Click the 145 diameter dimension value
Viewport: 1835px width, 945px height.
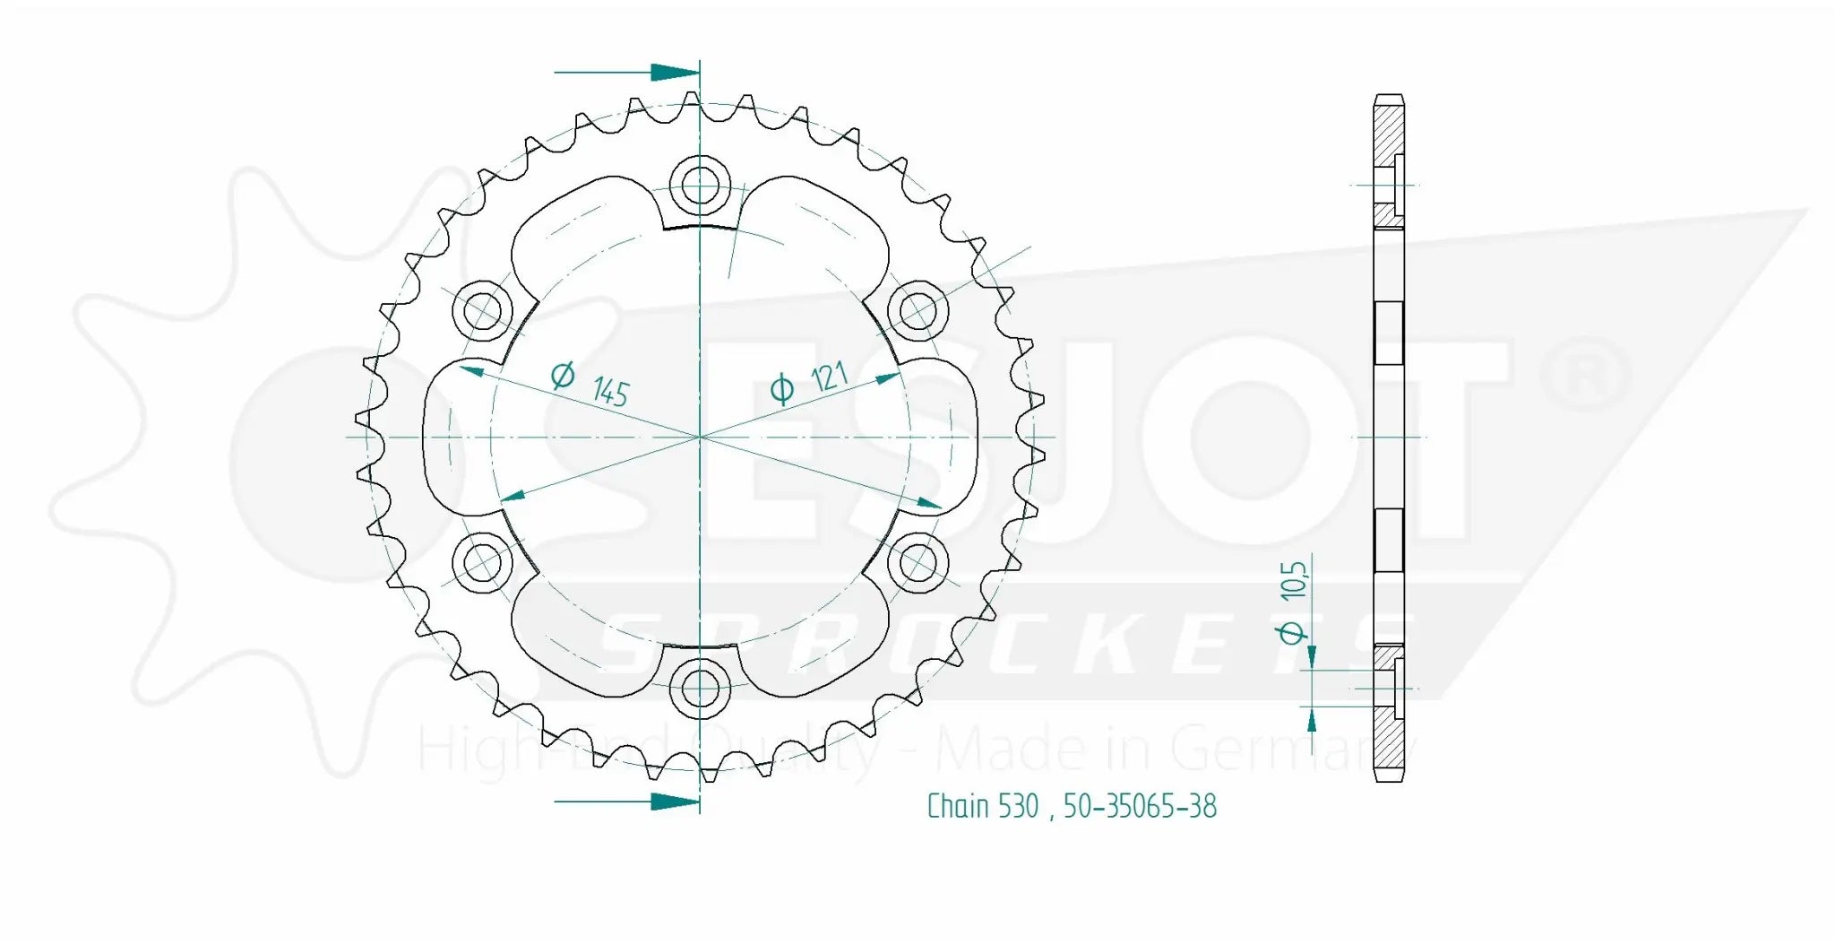click(x=610, y=392)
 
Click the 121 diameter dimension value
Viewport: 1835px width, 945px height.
click(x=829, y=377)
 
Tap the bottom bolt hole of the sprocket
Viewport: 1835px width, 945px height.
click(x=699, y=689)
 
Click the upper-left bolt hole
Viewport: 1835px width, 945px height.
click(x=484, y=311)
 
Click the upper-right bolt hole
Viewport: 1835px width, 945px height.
click(x=917, y=311)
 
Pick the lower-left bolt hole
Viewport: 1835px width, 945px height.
click(x=483, y=563)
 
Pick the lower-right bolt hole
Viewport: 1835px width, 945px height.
click(x=917, y=563)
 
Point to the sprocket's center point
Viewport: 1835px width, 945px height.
click(x=699, y=437)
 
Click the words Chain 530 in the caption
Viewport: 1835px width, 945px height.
click(x=982, y=806)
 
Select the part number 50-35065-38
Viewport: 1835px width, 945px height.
click(x=1140, y=806)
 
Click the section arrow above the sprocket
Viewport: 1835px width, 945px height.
click(x=674, y=72)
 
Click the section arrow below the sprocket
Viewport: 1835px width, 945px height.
click(x=674, y=801)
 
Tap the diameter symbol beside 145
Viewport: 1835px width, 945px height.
click(x=563, y=375)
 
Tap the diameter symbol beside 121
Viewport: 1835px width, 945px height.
click(x=781, y=389)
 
